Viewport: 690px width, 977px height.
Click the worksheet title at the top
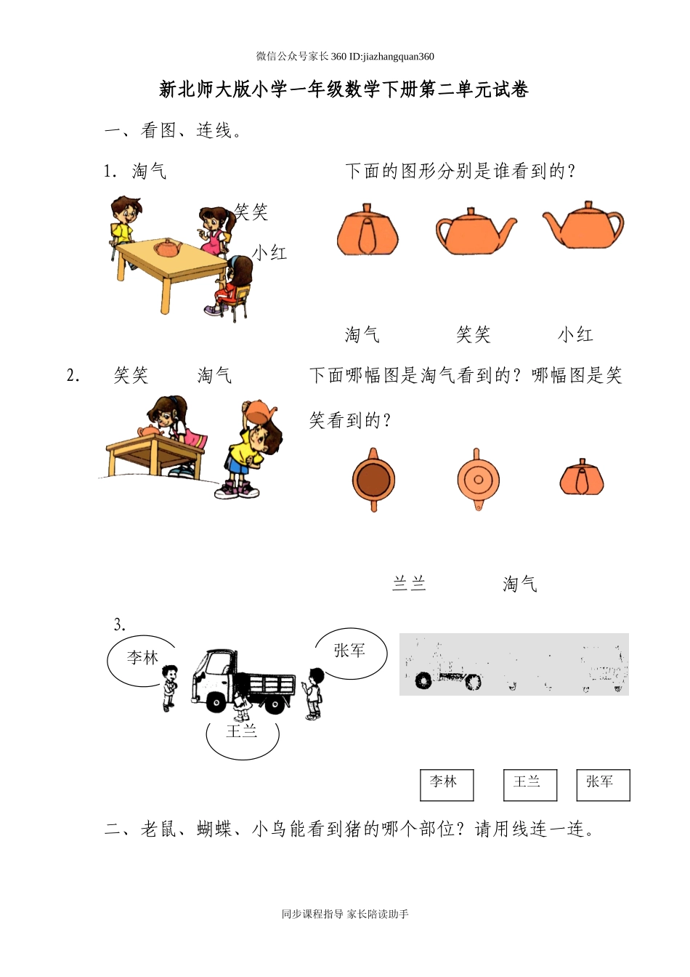344,89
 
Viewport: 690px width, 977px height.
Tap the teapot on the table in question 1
168,248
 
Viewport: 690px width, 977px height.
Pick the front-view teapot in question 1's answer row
368,230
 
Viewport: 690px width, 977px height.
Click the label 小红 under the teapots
575,334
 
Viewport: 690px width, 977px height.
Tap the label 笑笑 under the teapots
473,334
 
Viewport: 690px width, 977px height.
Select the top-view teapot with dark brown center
373,481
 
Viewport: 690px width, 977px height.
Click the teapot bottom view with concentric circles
478,480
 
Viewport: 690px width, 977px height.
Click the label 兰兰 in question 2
409,584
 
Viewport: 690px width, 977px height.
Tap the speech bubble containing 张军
350,652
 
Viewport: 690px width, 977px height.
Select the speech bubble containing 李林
142,659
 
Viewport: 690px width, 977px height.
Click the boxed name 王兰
529,784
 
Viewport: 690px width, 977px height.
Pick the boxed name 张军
602,784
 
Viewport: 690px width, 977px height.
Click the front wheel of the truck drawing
216,702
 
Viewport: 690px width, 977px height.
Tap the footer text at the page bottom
345,914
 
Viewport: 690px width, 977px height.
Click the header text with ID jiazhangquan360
345,56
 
